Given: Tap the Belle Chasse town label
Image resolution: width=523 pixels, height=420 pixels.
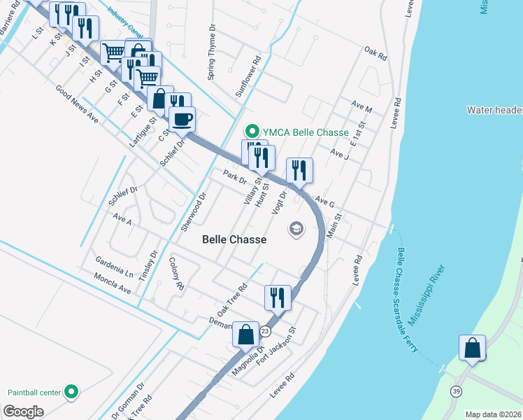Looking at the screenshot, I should click(x=234, y=239).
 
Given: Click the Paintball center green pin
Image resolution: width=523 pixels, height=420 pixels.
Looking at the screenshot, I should click(x=71, y=392).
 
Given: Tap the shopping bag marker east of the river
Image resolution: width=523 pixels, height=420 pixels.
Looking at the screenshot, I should click(x=473, y=348).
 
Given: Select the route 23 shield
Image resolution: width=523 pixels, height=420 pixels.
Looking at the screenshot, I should click(x=264, y=330).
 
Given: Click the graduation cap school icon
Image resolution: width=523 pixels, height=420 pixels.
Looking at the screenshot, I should click(x=296, y=229).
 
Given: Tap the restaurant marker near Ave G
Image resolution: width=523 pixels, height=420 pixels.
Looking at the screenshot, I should click(x=299, y=169).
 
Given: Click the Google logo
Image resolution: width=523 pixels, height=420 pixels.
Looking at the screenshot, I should click(x=24, y=412).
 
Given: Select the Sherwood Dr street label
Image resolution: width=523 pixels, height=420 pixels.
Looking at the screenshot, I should click(x=194, y=212).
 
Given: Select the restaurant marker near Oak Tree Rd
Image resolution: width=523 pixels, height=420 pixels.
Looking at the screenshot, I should click(x=278, y=297).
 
